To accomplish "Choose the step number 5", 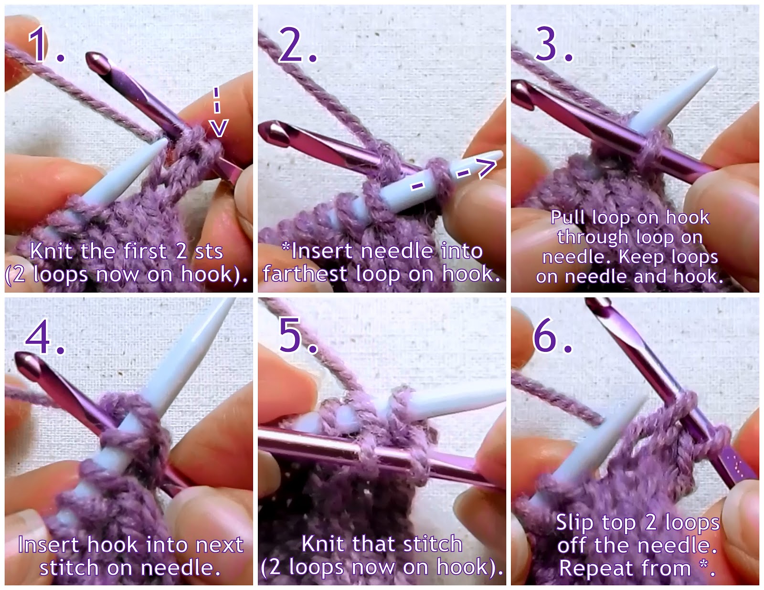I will (296, 337).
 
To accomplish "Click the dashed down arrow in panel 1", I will (217, 112).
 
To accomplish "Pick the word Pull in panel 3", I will (568, 218).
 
